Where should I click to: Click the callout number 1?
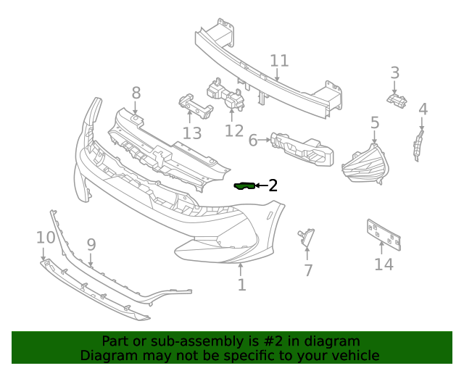pos(241,285)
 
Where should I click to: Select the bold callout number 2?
pos(273,185)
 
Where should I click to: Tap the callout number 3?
pos(394,72)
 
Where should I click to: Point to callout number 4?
pos(423,110)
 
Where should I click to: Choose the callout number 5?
pos(375,123)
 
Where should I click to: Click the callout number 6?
pos(253,140)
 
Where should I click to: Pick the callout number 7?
pos(308,270)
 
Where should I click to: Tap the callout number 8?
pos(136,92)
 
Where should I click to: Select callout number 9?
pos(91,244)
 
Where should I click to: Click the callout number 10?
pos(45,238)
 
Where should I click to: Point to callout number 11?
pos(279,61)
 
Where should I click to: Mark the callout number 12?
pos(234,130)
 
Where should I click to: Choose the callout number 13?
pos(191,133)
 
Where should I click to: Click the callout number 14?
pos(384,264)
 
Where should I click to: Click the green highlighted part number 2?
pos(243,186)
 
